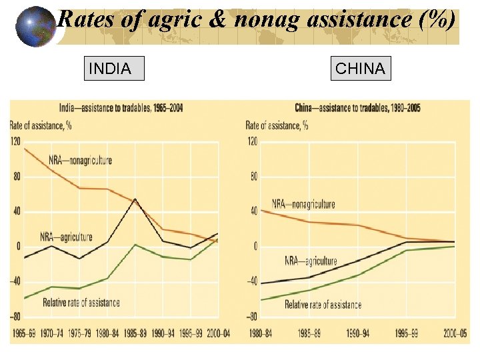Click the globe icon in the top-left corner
pos(35,27)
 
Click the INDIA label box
pos(113,69)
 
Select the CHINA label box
pos(361,69)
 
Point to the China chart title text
pos(358,108)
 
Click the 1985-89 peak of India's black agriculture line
pos(135,199)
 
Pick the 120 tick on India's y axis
pos(15,141)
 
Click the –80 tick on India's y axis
pos(15,317)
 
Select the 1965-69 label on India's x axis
pos(24,333)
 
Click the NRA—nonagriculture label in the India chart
pos(80,160)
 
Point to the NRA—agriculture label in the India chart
pos(66,237)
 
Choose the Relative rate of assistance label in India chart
pos(81,302)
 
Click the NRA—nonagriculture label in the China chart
pos(303,204)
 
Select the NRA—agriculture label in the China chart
pos(311,261)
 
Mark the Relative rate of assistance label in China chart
pos(323,305)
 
